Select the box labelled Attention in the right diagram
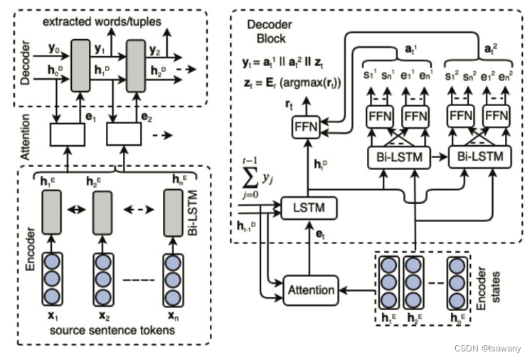pos(310,290)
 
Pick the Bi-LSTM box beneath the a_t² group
pos(477,156)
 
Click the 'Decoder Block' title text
pos(269,31)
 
